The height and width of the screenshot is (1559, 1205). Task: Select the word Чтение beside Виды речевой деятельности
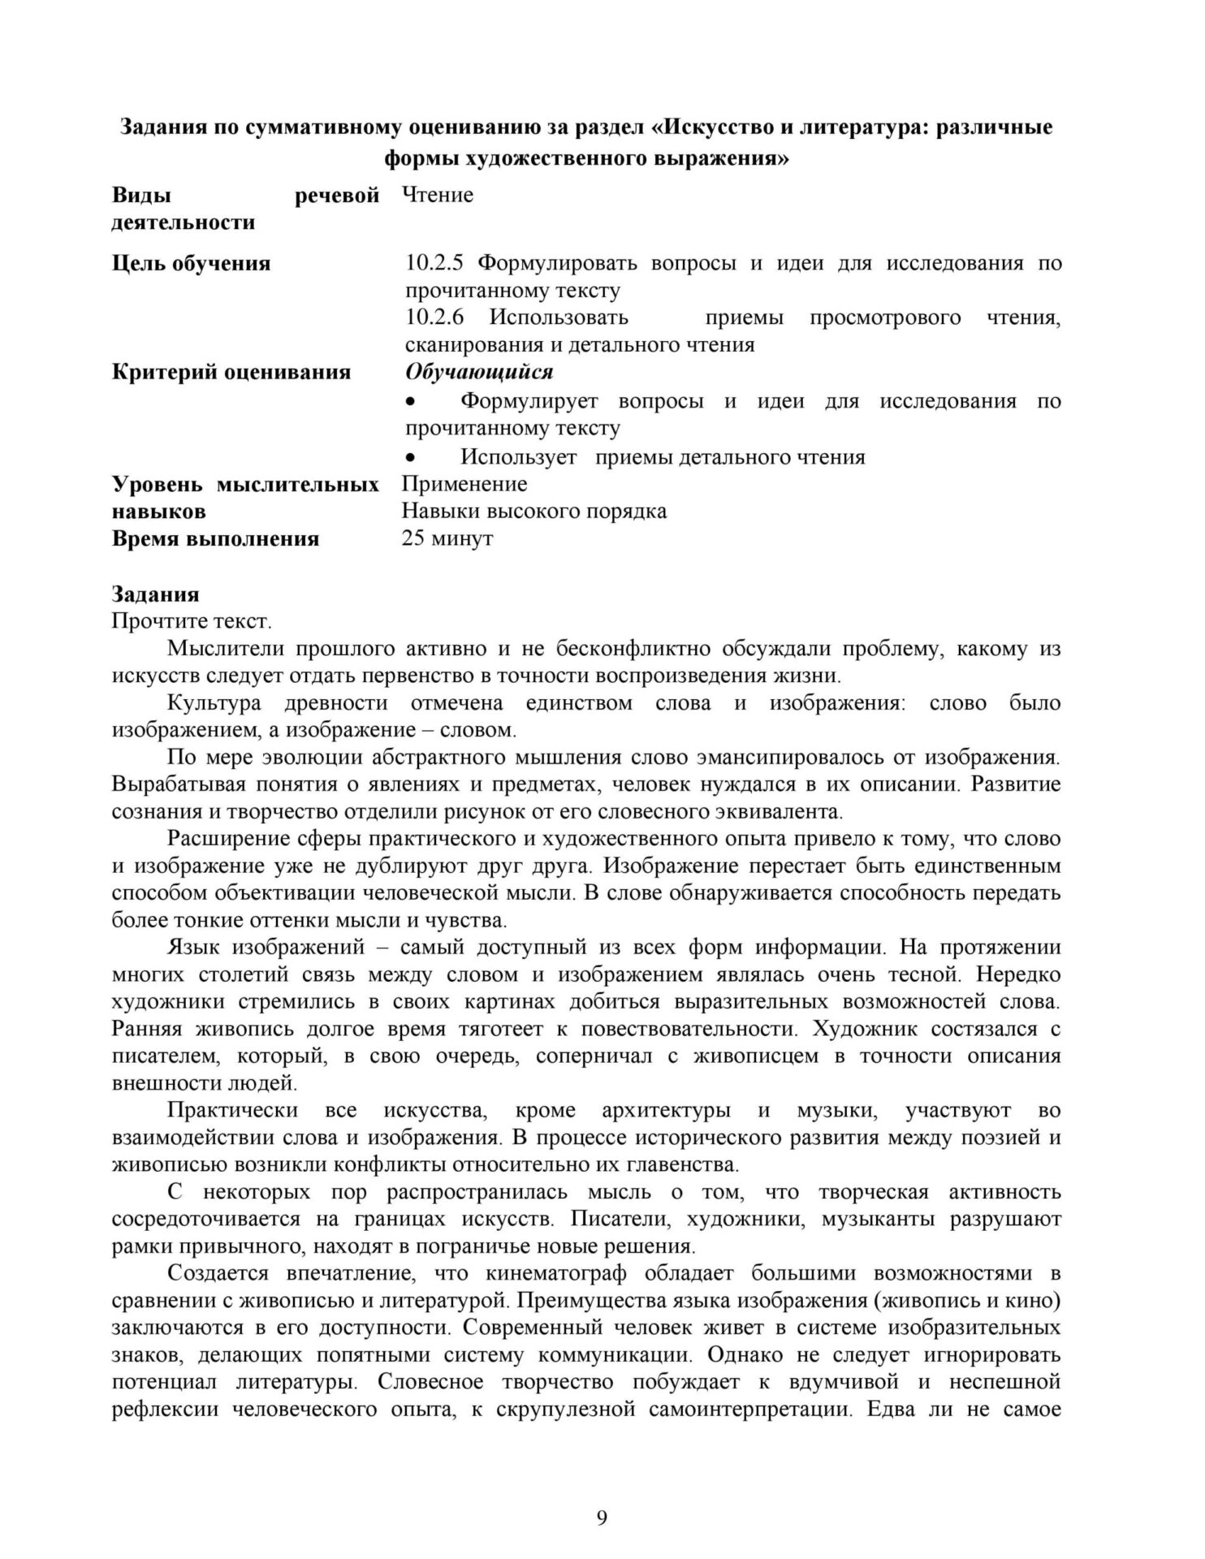coord(438,195)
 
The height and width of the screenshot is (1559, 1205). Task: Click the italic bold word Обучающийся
coord(479,372)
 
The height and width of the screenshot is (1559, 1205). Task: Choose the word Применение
coord(464,484)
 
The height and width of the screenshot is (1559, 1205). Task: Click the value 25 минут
coord(447,538)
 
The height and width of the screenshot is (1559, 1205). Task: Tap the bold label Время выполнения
coord(215,538)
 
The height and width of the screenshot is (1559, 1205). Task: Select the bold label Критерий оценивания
coord(231,372)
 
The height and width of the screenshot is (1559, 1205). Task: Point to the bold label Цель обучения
coord(191,263)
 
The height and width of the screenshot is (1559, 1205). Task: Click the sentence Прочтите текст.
coord(192,621)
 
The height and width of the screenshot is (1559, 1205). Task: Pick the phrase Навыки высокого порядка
coord(534,511)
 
